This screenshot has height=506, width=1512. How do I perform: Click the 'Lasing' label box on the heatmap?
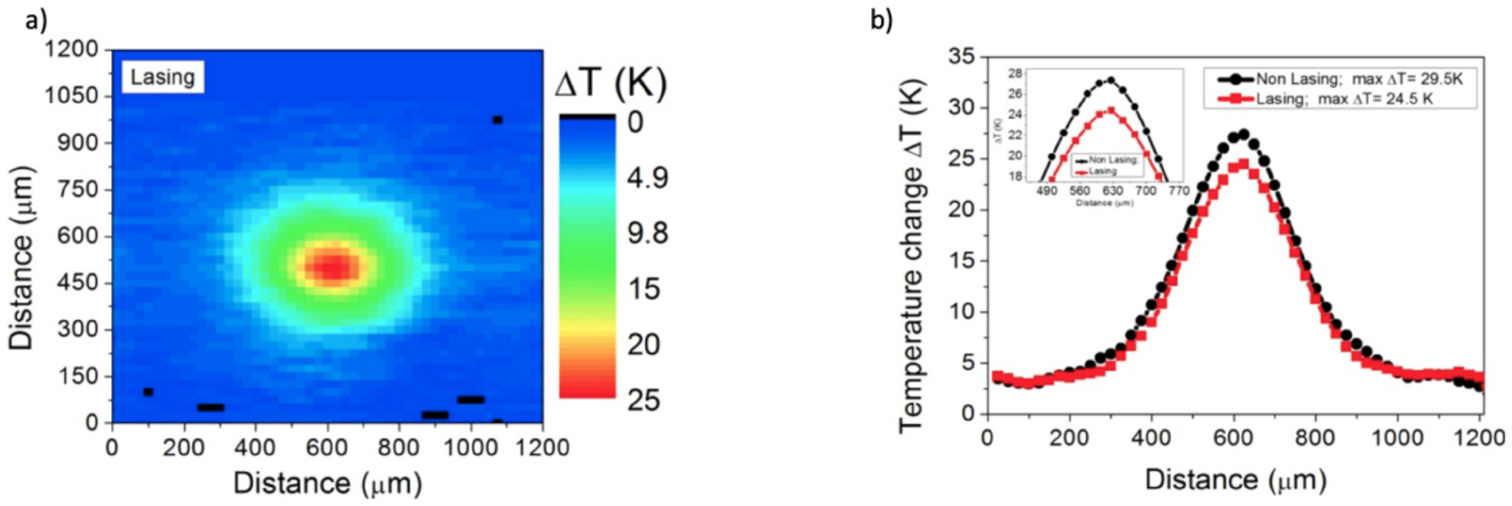[x=162, y=76]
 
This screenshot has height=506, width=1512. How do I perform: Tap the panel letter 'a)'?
[x=36, y=19]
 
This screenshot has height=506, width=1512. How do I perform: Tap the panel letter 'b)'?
[x=880, y=19]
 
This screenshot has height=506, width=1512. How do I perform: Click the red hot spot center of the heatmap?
[x=331, y=268]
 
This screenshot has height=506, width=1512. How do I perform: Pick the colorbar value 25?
[x=644, y=400]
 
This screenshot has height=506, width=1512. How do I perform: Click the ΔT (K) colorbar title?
[x=610, y=85]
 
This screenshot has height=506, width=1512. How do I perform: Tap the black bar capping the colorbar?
[x=587, y=117]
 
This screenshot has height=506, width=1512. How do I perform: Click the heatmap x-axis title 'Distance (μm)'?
[x=327, y=482]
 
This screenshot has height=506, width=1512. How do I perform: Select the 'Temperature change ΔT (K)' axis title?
[x=912, y=255]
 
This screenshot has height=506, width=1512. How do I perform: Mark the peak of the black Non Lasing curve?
[x=1242, y=135]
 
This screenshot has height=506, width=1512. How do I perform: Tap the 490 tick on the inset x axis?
[x=1046, y=191]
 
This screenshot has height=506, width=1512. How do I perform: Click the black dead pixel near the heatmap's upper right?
[x=497, y=120]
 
